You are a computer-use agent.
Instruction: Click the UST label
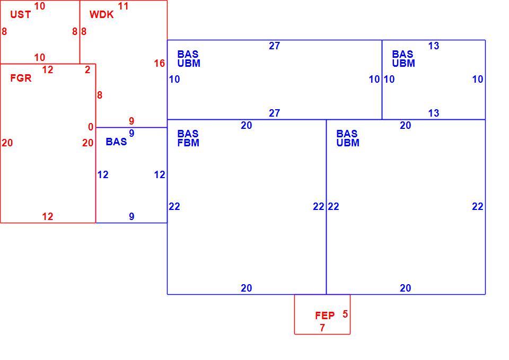(x=21, y=15)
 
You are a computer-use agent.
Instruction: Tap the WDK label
(x=102, y=15)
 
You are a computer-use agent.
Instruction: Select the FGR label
(x=21, y=78)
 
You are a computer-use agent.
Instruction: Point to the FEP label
(x=324, y=315)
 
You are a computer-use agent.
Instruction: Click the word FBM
(x=188, y=143)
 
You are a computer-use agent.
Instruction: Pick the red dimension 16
(x=160, y=63)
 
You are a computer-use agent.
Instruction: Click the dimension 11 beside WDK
(x=123, y=6)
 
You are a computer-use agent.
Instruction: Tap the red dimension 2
(x=87, y=70)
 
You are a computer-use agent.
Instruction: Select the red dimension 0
(x=91, y=127)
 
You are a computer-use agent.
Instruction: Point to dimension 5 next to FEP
(x=345, y=314)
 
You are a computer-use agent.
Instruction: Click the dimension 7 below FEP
(x=322, y=328)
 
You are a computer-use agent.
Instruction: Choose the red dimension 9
(x=131, y=121)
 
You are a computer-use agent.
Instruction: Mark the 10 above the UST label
(x=40, y=6)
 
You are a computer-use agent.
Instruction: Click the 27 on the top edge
(x=274, y=46)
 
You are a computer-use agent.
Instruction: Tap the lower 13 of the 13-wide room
(x=434, y=113)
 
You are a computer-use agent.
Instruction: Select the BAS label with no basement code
(x=116, y=142)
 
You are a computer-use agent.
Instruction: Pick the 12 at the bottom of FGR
(x=47, y=216)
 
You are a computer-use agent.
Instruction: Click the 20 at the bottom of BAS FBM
(x=247, y=288)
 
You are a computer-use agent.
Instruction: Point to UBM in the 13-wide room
(x=403, y=63)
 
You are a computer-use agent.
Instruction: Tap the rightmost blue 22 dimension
(x=478, y=206)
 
